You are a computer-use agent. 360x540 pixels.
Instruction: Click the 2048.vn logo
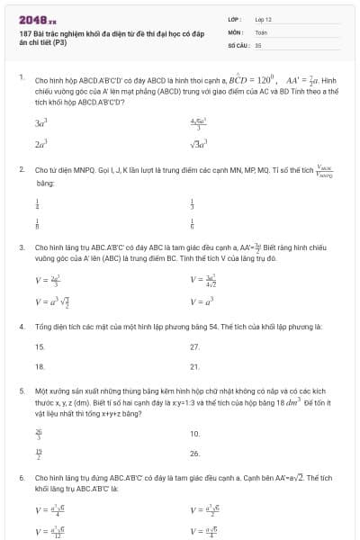(x=39, y=18)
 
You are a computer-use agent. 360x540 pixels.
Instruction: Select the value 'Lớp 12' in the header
(x=264, y=19)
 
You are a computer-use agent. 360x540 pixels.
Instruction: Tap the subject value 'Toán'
(x=261, y=31)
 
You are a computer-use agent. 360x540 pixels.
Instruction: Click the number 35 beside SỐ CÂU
(x=258, y=44)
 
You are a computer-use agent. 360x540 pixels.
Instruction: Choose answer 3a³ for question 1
(x=40, y=122)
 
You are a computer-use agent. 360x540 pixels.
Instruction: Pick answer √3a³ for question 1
(x=199, y=143)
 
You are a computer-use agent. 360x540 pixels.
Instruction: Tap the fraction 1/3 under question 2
(x=193, y=203)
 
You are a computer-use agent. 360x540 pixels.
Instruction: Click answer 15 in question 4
(x=40, y=346)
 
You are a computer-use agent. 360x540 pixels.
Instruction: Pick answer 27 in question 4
(x=195, y=346)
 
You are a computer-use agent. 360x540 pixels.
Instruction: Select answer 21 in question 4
(x=195, y=367)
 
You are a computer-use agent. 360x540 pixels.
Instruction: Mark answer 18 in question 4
(x=40, y=367)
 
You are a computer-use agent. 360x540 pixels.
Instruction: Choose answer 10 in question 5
(x=195, y=433)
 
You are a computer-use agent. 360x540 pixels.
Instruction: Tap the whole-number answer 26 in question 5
(x=195, y=454)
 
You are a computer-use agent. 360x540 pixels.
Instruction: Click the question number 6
(x=22, y=478)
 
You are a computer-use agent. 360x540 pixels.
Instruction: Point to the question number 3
(x=22, y=246)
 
